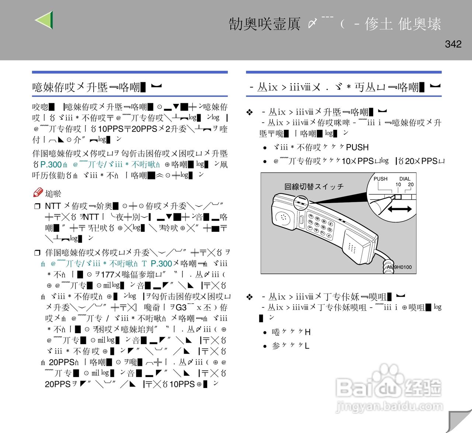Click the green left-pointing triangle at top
[x=45, y=20]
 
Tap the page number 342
[x=453, y=44]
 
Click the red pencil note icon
[x=38, y=192]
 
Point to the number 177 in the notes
[x=107, y=275]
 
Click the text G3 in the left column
[x=181, y=307]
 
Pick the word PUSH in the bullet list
[x=357, y=147]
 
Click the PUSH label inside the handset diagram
[x=381, y=179]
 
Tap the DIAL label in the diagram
[x=405, y=179]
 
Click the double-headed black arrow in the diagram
[x=399, y=209]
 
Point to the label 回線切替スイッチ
[x=314, y=187]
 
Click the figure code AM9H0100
[x=399, y=267]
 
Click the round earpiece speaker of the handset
[x=283, y=217]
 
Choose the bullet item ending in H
[x=291, y=332]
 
